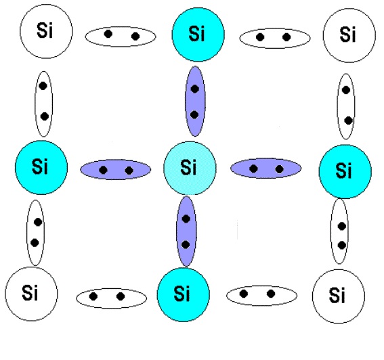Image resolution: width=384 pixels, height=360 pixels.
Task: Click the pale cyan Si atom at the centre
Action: tap(190, 168)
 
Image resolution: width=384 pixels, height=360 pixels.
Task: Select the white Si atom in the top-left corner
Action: tap(46, 31)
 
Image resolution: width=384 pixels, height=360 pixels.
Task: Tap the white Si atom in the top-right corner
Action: tap(349, 35)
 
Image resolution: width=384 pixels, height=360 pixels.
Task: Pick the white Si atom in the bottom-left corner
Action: tap(31, 294)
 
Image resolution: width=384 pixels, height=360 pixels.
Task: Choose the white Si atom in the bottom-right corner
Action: tap(339, 296)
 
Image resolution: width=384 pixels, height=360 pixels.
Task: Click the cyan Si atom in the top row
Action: tap(198, 35)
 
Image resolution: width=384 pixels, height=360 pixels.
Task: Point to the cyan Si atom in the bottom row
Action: tap(183, 294)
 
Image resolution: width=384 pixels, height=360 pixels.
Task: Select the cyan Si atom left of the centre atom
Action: tap(41, 167)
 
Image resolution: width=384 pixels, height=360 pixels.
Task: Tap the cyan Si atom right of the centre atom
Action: tap(345, 171)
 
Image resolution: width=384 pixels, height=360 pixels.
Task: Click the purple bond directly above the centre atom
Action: tap(195, 102)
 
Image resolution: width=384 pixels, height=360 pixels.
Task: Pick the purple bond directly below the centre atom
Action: tap(186, 231)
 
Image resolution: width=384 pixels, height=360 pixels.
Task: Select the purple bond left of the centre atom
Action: tap(115, 170)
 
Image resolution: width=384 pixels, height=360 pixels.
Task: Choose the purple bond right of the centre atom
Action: tap(265, 168)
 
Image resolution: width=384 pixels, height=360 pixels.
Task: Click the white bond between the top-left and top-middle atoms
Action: tap(121, 37)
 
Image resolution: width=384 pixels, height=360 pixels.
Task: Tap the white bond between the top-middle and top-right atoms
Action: tap(275, 38)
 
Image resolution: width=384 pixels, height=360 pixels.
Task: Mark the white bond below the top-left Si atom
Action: tap(43, 104)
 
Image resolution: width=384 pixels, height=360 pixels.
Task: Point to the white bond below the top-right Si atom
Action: tap(346, 106)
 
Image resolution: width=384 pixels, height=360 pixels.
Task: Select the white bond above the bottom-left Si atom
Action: tap(35, 233)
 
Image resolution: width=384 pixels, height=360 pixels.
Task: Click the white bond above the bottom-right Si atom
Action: tap(339, 231)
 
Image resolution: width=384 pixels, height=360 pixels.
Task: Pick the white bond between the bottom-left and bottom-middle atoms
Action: tap(112, 298)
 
